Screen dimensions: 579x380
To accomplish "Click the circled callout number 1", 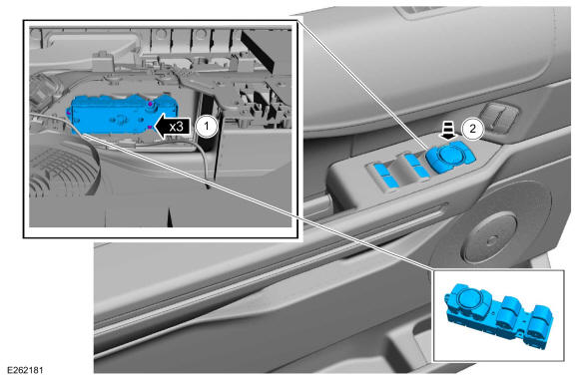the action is point(206,127).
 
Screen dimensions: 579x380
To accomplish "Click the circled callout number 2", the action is point(472,129).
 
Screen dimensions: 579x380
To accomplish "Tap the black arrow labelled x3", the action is point(173,127).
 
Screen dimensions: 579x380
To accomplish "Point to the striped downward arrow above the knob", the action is point(448,132).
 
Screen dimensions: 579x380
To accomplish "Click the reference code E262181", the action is point(25,370).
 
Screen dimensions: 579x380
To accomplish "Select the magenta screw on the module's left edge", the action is point(68,112).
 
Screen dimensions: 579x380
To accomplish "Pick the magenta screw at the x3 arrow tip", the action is point(150,127).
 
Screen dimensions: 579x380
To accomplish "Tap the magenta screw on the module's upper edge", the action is point(151,105).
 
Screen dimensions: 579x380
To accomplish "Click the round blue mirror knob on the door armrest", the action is point(450,155).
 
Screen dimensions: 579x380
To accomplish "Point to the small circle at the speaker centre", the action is point(491,240).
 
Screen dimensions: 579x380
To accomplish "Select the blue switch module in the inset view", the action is point(122,115).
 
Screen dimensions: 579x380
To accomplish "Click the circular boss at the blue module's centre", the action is point(120,119).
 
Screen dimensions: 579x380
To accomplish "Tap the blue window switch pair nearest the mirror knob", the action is point(415,166).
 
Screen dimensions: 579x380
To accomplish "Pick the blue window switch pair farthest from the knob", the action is point(385,175).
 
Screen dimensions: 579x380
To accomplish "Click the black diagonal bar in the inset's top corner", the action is point(258,51).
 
